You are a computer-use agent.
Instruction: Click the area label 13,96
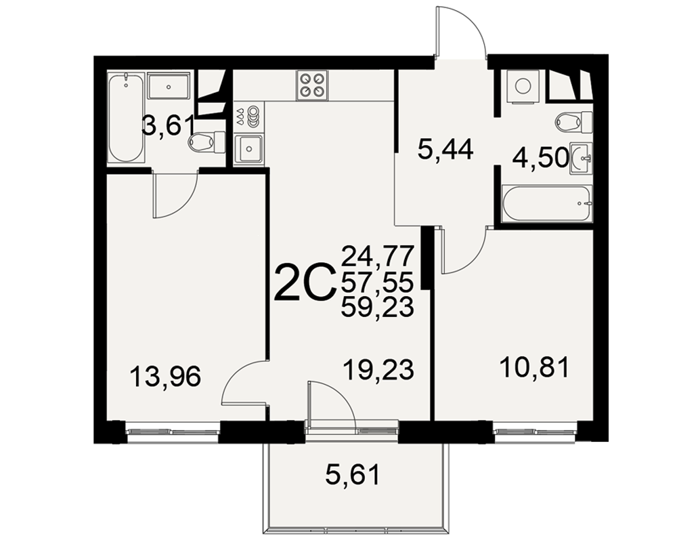[x=165, y=376]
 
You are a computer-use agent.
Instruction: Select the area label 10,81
[x=535, y=368]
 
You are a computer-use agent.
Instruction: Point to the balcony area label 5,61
[x=353, y=474]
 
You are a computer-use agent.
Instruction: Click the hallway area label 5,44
[x=445, y=150]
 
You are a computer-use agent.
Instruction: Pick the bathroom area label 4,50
[x=540, y=158]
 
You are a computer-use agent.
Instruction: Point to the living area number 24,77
[x=378, y=256]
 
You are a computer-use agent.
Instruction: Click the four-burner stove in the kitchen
[x=312, y=85]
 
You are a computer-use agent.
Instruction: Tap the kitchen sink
[x=248, y=149]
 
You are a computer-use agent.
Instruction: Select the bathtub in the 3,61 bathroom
[x=126, y=118]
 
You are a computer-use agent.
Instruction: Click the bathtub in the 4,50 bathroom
[x=547, y=204]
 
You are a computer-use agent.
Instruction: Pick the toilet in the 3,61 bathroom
[x=207, y=142]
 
